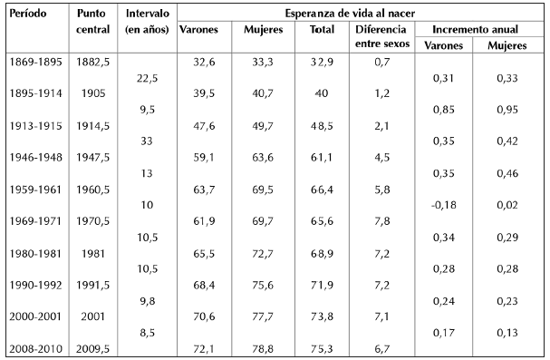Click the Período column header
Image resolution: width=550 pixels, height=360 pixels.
coord(28,14)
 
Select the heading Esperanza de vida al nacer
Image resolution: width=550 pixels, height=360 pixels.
coord(350,14)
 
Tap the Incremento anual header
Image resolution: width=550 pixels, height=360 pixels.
coord(475,30)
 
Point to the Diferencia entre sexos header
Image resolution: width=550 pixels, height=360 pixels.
coord(382,36)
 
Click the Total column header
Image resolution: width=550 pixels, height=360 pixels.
coord(322,30)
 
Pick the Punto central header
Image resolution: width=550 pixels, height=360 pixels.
coord(92,22)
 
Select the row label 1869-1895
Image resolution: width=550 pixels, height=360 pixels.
coord(35,62)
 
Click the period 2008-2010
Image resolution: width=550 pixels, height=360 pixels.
coord(35,349)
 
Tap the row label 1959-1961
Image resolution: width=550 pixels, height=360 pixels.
coord(35,190)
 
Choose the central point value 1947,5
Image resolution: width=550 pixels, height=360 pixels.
coord(93,157)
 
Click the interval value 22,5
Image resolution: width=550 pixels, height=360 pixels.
coord(147,78)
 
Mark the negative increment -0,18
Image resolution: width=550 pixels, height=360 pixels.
coord(443,205)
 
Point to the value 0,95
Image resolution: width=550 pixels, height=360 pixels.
coord(507,110)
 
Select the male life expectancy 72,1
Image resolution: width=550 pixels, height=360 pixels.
coord(204,349)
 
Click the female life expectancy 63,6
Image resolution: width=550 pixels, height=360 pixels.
coord(263,157)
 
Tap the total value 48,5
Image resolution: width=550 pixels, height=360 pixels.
coord(322,126)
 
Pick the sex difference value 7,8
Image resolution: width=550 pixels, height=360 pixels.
coord(382,221)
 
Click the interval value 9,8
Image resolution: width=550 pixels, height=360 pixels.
coord(147,301)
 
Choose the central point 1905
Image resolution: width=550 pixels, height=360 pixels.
coord(93,93)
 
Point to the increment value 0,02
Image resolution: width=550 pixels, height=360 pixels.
coord(507,205)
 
